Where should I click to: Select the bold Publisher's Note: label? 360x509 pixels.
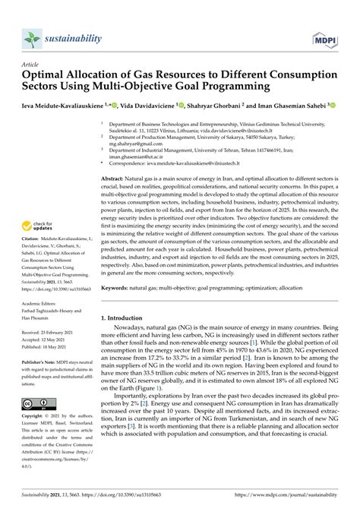click(x=39, y=384)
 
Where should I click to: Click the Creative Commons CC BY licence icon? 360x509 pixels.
click(x=37, y=424)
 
